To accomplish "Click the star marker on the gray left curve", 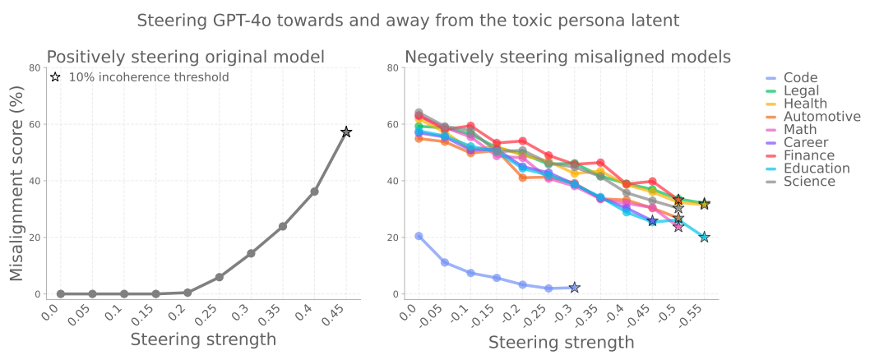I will pyautogui.click(x=346, y=132).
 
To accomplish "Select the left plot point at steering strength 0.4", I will pyautogui.click(x=314, y=192).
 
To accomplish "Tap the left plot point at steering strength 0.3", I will pyautogui.click(x=251, y=253).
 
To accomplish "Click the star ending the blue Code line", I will pyautogui.click(x=574, y=288).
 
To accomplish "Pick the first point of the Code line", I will pyautogui.click(x=419, y=236).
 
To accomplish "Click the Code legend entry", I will pyautogui.click(x=800, y=78).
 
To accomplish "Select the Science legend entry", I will pyautogui.click(x=809, y=181).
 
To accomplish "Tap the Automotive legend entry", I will pyautogui.click(x=821, y=117).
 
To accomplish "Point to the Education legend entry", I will pyautogui.click(x=817, y=168).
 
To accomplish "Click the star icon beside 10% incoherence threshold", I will pyautogui.click(x=55, y=77).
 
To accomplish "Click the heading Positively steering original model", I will pyautogui.click(x=185, y=57).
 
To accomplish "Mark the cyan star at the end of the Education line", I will pyautogui.click(x=705, y=237).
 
